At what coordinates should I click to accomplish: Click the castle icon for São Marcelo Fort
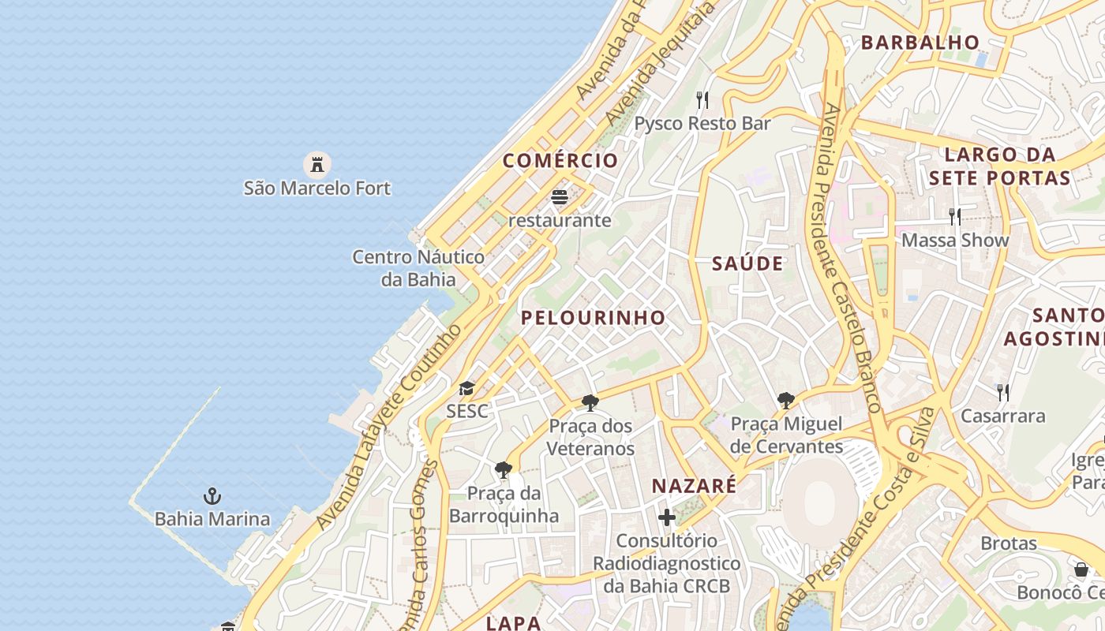click(317, 165)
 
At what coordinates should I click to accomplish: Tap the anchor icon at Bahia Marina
click(212, 496)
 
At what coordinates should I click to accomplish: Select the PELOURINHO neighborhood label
click(594, 317)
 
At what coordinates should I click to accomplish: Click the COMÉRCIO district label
click(560, 160)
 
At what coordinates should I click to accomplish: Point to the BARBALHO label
click(920, 43)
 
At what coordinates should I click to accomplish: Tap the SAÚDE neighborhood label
click(747, 263)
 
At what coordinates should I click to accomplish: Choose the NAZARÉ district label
click(694, 486)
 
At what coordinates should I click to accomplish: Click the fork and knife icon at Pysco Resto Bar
click(702, 100)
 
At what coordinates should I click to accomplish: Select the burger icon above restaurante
click(560, 197)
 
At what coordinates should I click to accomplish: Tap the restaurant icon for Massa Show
click(955, 216)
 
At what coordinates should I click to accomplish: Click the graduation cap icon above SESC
click(466, 388)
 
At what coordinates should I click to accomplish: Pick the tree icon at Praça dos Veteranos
click(590, 404)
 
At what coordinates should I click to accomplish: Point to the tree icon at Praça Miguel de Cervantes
click(785, 401)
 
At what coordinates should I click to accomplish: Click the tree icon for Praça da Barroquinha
click(503, 471)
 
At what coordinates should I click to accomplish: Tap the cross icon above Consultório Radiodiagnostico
click(667, 517)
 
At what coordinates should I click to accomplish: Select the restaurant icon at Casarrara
click(1002, 392)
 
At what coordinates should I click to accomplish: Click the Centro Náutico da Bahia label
click(418, 268)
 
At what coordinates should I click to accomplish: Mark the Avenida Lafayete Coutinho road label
click(389, 426)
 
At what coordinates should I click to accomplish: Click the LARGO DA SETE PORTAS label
click(999, 166)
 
